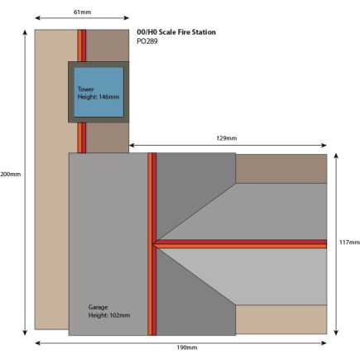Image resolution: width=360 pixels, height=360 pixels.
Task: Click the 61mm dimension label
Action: [x=82, y=12]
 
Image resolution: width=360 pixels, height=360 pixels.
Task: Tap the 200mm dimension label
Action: [x=11, y=175]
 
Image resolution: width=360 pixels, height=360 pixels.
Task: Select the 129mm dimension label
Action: [x=227, y=138]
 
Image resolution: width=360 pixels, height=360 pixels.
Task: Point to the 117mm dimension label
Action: [x=349, y=242]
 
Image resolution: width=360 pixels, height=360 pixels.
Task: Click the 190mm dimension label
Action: [x=187, y=348]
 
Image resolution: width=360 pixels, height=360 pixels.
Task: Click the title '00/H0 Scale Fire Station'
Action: [x=176, y=32]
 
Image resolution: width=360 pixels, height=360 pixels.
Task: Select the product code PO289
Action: [x=147, y=41]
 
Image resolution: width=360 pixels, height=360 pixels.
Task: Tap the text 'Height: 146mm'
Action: [x=98, y=97]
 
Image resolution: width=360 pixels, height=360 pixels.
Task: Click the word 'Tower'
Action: [x=86, y=89]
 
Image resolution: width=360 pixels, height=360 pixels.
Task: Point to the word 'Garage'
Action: [x=98, y=307]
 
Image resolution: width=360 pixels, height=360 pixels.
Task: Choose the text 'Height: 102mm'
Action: [x=109, y=315]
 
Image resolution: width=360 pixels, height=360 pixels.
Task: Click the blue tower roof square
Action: [x=98, y=92]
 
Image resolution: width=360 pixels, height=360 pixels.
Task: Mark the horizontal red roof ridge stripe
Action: [x=239, y=244]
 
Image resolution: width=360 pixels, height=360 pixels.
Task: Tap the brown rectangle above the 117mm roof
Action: [x=281, y=169]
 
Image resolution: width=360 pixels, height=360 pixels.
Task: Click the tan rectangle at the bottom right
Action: [x=281, y=319]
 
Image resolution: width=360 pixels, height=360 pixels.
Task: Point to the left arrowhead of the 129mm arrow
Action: [x=132, y=146]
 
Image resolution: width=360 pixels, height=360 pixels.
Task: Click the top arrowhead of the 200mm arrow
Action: [x=25, y=33]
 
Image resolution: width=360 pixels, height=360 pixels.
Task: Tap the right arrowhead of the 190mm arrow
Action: [x=324, y=343]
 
